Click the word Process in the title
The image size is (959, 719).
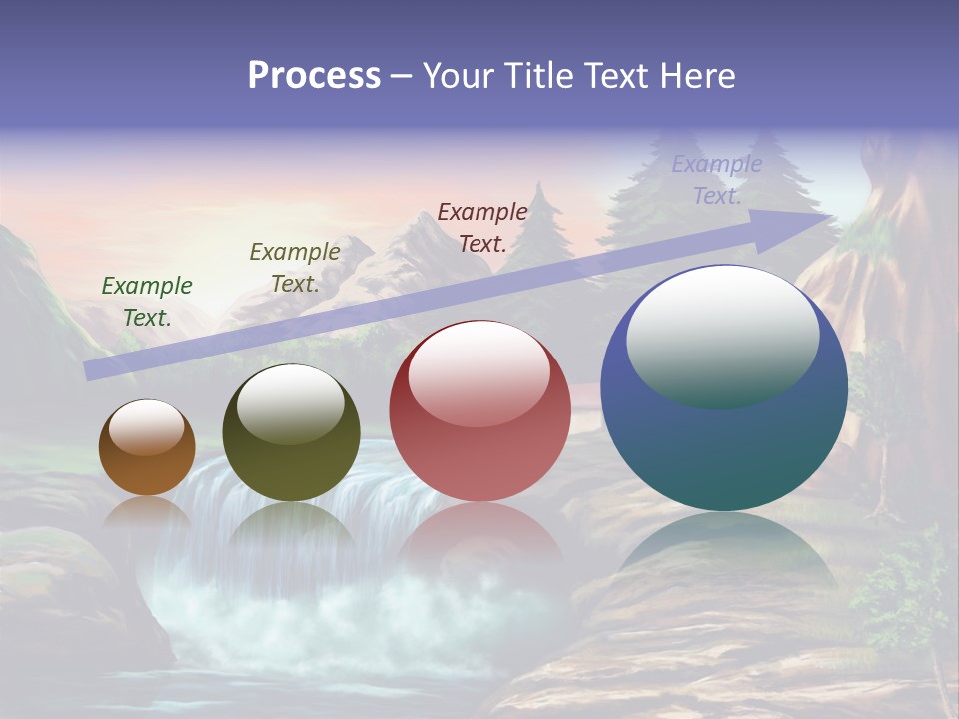[x=314, y=76]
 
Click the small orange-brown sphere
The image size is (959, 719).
[x=147, y=448]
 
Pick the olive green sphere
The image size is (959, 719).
[x=291, y=433]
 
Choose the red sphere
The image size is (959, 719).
[x=479, y=411]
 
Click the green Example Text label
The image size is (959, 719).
[x=147, y=301]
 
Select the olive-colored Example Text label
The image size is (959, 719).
[x=295, y=267]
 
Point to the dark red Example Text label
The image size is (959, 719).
[x=482, y=227]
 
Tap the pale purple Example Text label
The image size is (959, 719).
[x=717, y=179]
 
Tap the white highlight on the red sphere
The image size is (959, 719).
[x=479, y=372]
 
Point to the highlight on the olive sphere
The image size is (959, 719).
[x=290, y=403]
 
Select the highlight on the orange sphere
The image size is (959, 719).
[x=147, y=427]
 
